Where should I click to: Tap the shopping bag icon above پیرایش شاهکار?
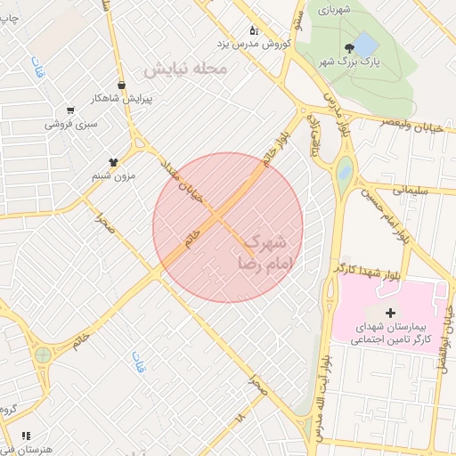[121, 85]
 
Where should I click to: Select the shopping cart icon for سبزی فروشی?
[69, 111]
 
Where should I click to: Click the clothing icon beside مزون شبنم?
[113, 162]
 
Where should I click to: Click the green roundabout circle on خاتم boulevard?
[42, 355]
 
